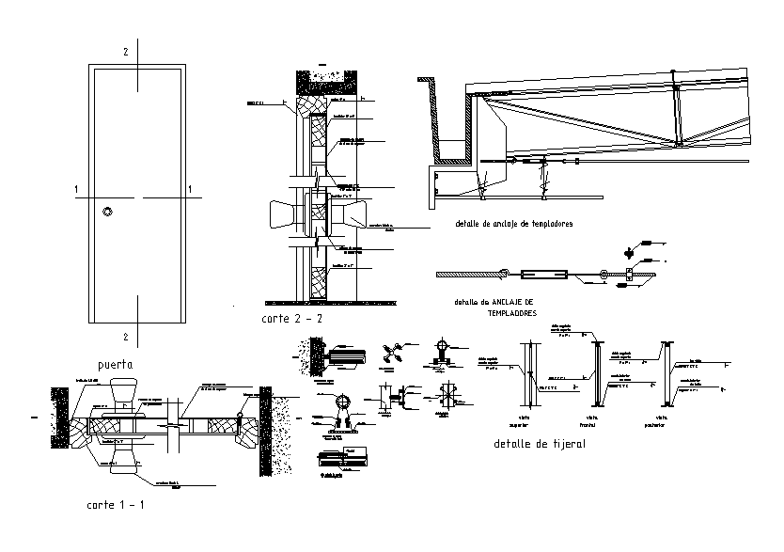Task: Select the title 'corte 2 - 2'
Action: click(x=292, y=320)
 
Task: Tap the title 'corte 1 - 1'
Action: click(x=116, y=505)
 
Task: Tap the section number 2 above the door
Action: click(x=125, y=48)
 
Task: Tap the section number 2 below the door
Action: click(x=125, y=336)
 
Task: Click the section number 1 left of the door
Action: click(x=74, y=190)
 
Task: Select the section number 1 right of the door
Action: click(x=191, y=190)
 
